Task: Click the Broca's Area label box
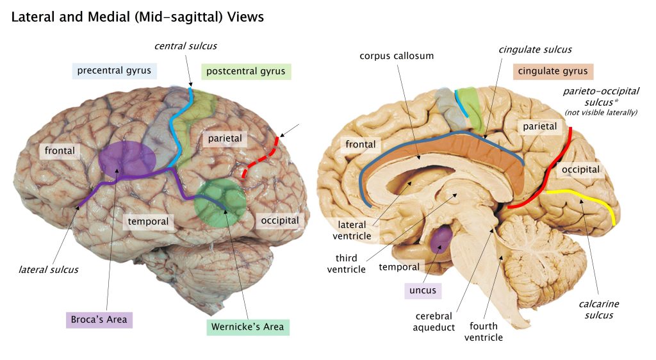99,319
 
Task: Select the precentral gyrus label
114,70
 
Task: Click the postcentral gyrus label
245,71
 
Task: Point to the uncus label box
422,290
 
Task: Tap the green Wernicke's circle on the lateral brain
220,201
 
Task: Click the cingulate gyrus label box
553,71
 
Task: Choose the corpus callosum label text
397,56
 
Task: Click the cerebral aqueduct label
434,322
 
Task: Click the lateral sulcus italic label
48,269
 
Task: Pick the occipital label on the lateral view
280,220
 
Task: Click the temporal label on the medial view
398,266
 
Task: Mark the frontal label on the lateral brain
60,151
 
